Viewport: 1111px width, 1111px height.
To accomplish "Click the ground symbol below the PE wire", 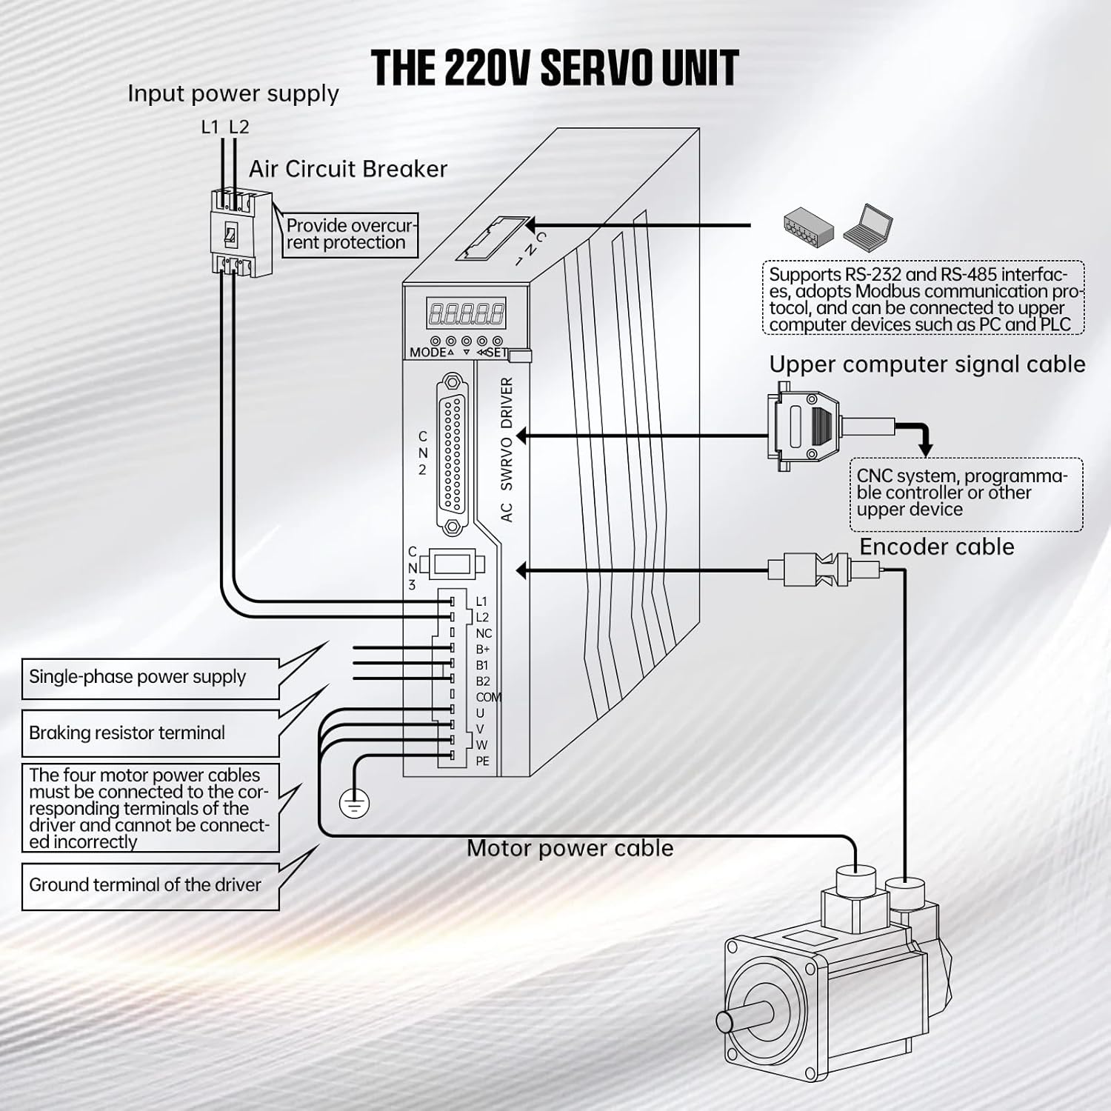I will coord(353,804).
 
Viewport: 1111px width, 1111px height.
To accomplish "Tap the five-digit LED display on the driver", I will coord(466,313).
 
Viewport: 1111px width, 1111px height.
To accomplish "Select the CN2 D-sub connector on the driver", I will coord(453,455).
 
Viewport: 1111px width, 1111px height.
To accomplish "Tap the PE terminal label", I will coord(482,761).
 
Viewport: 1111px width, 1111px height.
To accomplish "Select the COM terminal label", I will coord(487,697).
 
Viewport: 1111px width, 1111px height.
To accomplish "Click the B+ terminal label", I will coord(482,650).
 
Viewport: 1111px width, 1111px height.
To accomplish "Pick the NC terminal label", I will coord(484,633).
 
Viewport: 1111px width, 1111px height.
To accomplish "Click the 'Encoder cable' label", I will coord(936,547).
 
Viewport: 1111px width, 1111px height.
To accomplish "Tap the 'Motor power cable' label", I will coord(570,848).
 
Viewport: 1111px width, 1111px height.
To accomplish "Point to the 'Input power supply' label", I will coord(233,94).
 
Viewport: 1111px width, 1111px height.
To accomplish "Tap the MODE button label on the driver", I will coord(427,353).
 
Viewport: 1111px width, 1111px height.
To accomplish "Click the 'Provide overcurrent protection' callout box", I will coord(350,234).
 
